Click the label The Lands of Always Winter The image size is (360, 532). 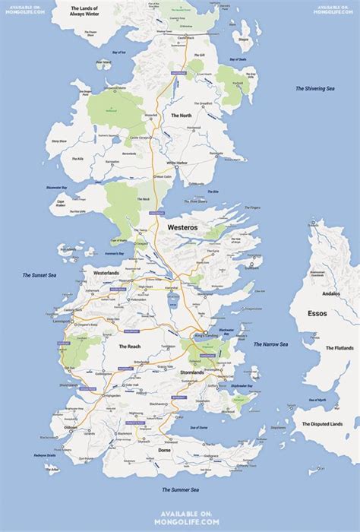(84, 11)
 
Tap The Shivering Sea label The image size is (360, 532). (315, 89)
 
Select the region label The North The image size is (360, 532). (181, 116)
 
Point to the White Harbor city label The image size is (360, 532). (177, 163)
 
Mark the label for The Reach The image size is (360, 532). (129, 347)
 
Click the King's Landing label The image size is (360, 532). (206, 335)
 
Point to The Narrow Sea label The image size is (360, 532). (270, 344)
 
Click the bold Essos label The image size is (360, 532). (318, 312)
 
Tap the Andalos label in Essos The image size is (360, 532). (332, 293)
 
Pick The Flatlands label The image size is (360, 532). (339, 348)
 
